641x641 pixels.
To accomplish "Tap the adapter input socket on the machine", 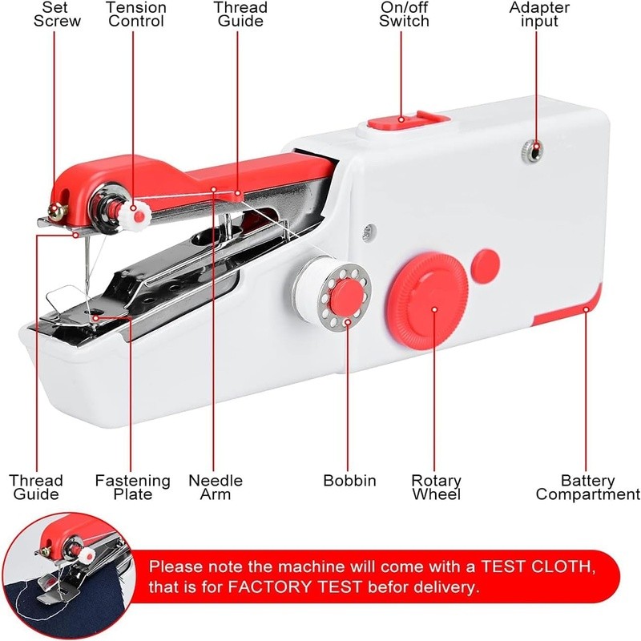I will coord(530,149).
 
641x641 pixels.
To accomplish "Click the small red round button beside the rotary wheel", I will coord(485,262).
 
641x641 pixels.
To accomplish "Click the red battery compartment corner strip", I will coord(571,314).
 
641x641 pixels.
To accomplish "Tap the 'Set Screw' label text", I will coord(57,14).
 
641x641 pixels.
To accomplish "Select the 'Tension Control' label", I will coord(135,14).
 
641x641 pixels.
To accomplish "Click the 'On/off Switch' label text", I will coord(404,14).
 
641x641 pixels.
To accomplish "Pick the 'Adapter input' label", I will coord(539,14).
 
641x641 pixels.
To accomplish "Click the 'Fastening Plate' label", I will coord(133,487).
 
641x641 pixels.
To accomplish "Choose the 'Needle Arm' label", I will coord(216,487).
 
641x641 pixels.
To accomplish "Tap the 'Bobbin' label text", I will coord(349,481).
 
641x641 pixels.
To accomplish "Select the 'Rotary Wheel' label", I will coord(436,487).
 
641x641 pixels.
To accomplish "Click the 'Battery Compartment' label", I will coord(587,487).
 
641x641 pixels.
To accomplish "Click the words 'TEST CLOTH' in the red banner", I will coord(538,566).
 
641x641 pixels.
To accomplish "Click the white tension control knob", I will coord(139,214).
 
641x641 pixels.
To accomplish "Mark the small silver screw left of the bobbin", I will coord(367,231).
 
